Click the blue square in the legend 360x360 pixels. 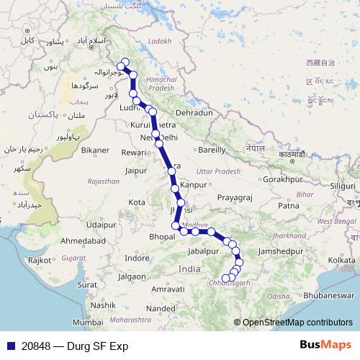coord(7,346)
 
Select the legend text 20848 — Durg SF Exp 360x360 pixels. coord(60,346)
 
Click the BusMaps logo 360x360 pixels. coord(327,345)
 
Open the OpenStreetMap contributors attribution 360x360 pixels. coord(297,323)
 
